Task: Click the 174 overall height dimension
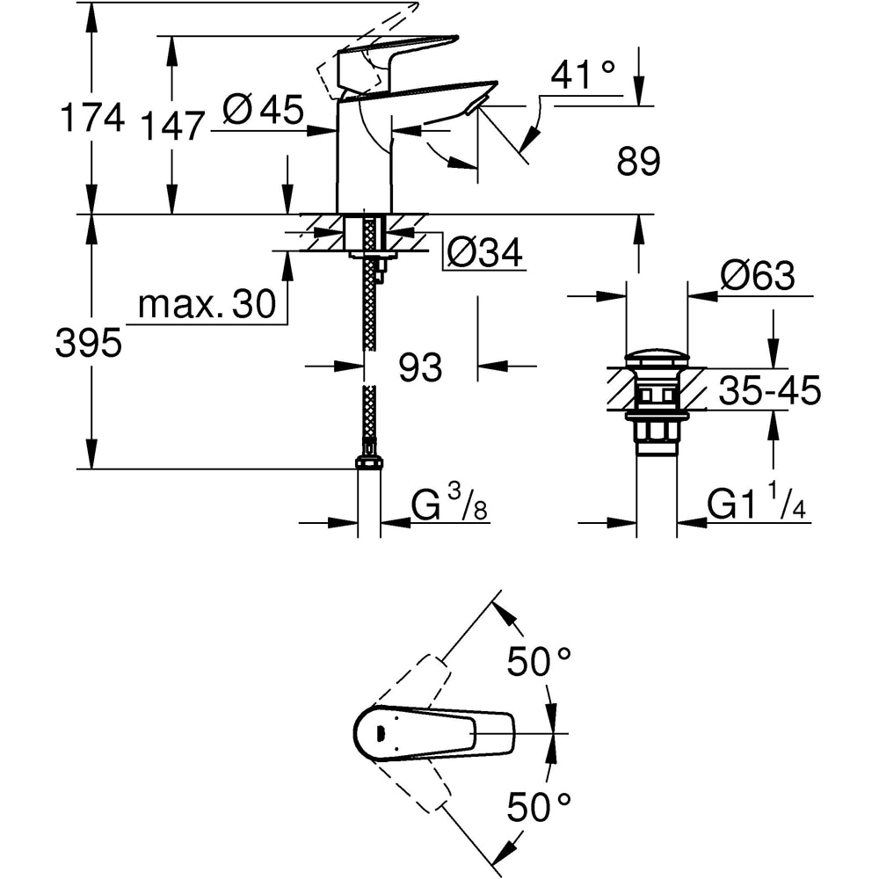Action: (91, 117)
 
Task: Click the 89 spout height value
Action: (637, 162)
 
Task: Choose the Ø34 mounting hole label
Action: (484, 253)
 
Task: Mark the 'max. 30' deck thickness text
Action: (207, 305)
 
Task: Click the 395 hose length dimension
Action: (88, 345)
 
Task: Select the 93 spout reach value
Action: (420, 368)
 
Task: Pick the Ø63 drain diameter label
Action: (757, 276)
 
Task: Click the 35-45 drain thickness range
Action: (769, 390)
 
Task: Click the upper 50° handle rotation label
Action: (539, 662)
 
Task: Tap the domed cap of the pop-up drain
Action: (657, 358)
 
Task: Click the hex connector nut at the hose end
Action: (369, 462)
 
